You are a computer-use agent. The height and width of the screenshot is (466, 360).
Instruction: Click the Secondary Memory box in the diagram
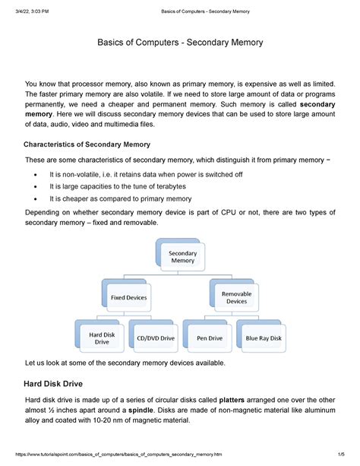[x=182, y=258]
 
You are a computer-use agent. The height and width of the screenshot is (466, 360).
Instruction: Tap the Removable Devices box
[x=236, y=296]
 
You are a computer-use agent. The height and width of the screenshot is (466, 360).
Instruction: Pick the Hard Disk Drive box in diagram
[x=102, y=337]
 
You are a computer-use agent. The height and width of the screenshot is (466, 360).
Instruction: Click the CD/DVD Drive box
[x=156, y=337]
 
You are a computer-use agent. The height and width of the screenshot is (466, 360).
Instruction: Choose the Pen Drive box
[x=210, y=337]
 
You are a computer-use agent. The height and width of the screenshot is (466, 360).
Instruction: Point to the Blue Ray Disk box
[x=264, y=337]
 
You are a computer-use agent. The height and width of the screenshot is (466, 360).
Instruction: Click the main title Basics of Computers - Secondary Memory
[x=180, y=43]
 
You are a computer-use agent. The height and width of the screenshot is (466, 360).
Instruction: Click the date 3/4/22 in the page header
[x=21, y=10]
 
